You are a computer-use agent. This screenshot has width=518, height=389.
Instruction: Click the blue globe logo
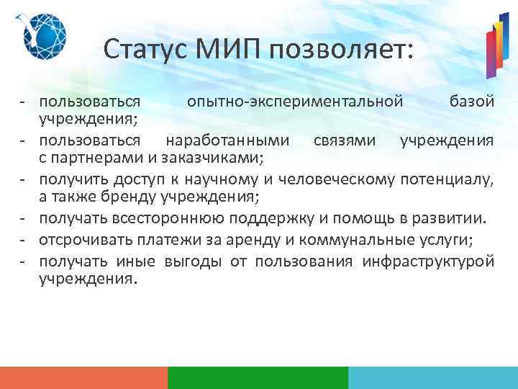click(44, 35)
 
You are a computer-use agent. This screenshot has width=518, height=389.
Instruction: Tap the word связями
click(345, 139)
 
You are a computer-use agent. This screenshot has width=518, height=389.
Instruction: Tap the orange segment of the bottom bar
click(83, 377)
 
